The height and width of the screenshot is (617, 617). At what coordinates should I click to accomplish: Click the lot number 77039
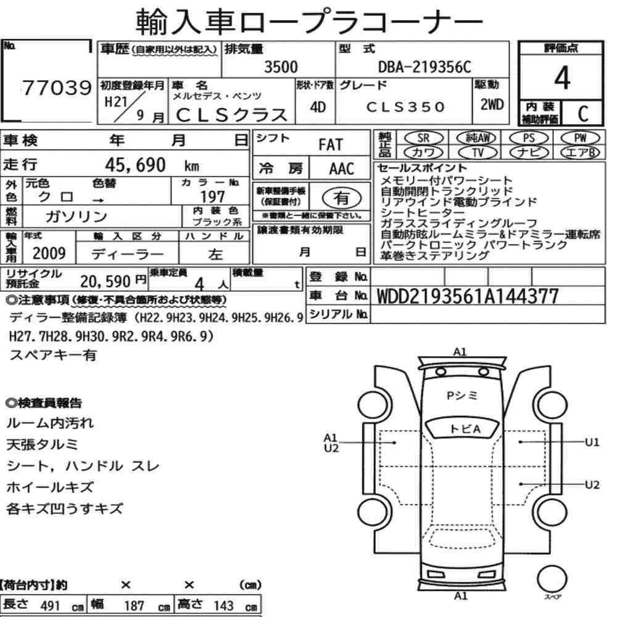pos(57,88)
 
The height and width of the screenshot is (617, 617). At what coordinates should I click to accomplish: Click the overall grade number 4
pos(562,78)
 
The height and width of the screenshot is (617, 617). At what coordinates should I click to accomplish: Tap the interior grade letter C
pos(583,114)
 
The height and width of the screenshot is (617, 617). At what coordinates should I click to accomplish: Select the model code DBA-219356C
pos(424,67)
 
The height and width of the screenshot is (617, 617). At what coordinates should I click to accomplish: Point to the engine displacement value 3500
pos(281,67)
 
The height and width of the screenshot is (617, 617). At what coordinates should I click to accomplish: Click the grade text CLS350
pos(406,107)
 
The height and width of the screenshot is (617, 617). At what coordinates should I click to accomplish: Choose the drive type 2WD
pos(492,105)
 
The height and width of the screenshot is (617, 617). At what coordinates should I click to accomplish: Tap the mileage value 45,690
pos(135,165)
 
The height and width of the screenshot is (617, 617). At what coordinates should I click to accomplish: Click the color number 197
pos(212,196)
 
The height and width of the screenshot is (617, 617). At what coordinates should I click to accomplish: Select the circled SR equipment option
pos(423,138)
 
